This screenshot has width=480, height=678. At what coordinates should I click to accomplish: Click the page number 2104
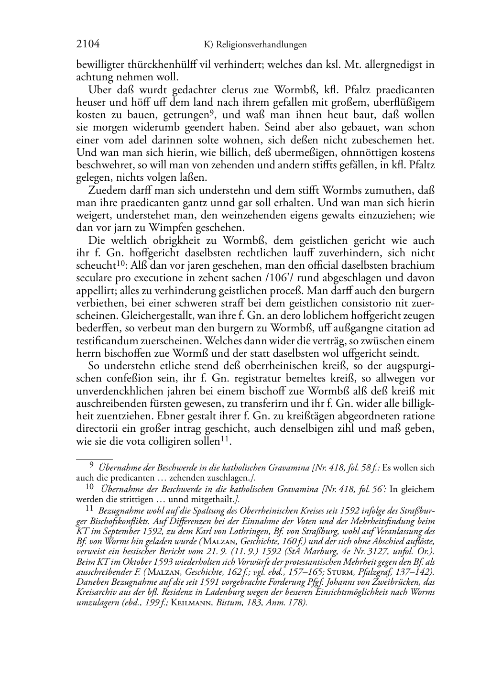click(88, 44)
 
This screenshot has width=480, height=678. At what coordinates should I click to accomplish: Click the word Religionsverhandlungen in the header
click(261, 45)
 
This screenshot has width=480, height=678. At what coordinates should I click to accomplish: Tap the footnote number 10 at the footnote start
click(89, 487)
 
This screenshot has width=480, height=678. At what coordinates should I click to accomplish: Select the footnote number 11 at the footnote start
click(89, 510)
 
